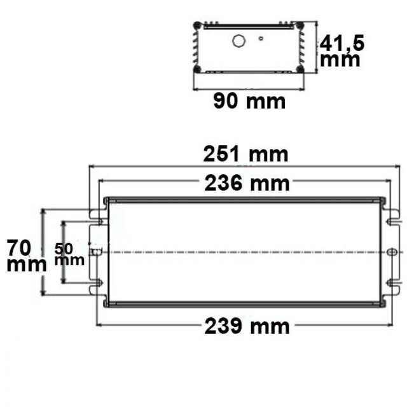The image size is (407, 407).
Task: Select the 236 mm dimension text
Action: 247,184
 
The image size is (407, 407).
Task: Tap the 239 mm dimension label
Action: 247,327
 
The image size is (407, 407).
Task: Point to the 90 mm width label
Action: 249,101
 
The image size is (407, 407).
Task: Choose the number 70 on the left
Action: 19,246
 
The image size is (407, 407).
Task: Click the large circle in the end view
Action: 239,41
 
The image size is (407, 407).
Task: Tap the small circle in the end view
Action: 261,38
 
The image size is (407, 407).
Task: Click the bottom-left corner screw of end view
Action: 198,69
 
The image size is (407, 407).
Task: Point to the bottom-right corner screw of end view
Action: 299,69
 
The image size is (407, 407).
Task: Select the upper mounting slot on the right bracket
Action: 390,221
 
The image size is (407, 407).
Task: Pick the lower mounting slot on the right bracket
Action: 390,283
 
